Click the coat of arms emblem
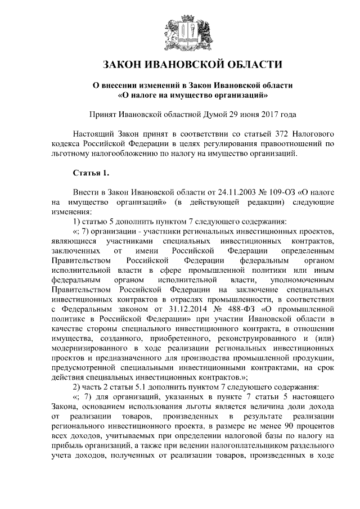[x=180, y=29]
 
